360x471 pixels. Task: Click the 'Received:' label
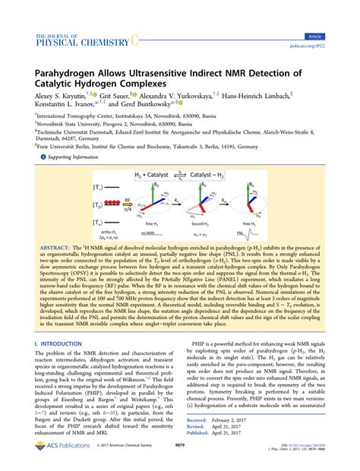pos(197,440)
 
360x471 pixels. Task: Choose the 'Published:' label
pos(198,454)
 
